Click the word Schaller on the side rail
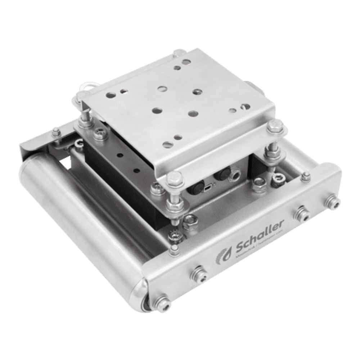(260, 240)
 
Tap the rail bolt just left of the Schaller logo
(199, 274)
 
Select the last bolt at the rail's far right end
(332, 202)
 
